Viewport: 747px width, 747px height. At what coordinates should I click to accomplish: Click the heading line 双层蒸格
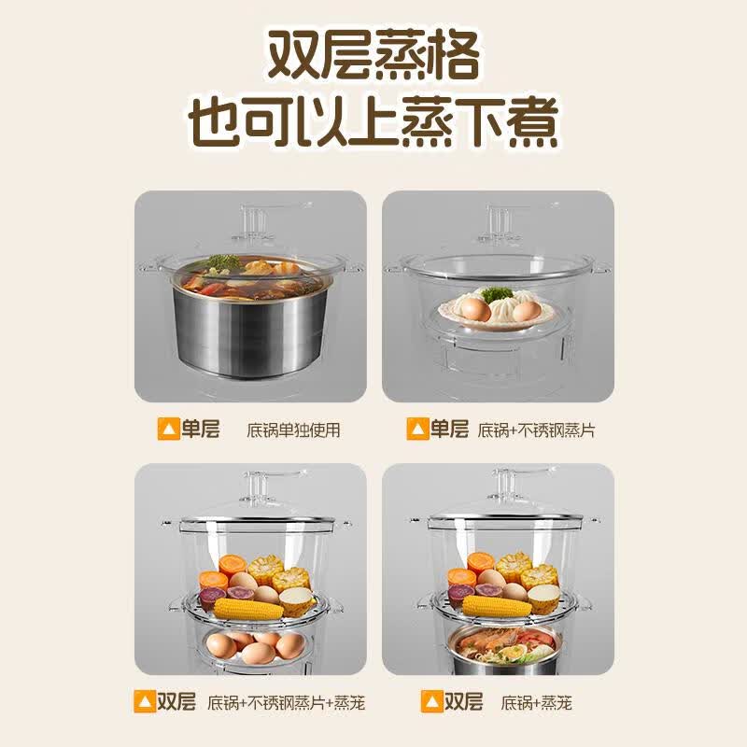373,56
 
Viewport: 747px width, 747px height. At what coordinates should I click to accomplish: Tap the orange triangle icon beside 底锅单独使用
168,429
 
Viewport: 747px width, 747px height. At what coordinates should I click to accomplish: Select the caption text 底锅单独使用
293,430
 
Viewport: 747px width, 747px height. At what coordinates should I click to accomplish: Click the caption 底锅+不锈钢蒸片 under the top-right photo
536,430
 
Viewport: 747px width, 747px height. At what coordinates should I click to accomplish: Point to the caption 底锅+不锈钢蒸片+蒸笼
286,703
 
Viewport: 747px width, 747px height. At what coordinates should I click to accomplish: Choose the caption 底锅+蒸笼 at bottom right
536,703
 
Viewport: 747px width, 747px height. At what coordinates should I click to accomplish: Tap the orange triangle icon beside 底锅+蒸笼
431,702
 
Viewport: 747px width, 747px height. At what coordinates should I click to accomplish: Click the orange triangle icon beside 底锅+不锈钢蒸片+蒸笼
145,702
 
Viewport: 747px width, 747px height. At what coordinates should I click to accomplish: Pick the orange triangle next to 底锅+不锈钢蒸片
417,429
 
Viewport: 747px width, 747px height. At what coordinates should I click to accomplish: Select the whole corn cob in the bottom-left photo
248,608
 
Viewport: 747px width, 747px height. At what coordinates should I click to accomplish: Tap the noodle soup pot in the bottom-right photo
506,648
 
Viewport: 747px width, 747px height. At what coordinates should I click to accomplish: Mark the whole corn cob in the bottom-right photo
498,605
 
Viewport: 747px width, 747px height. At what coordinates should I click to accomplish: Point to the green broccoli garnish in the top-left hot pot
224,262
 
